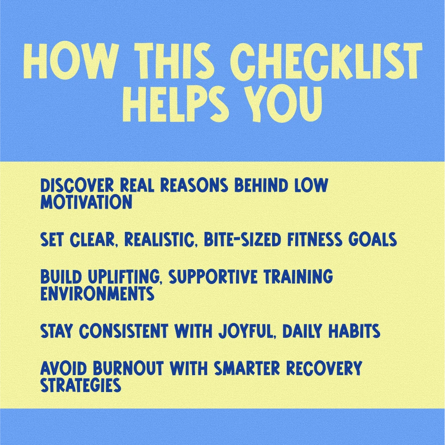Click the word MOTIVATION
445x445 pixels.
click(x=86, y=202)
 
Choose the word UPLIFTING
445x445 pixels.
click(x=124, y=277)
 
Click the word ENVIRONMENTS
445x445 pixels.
click(x=97, y=294)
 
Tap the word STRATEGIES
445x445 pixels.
click(x=80, y=385)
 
